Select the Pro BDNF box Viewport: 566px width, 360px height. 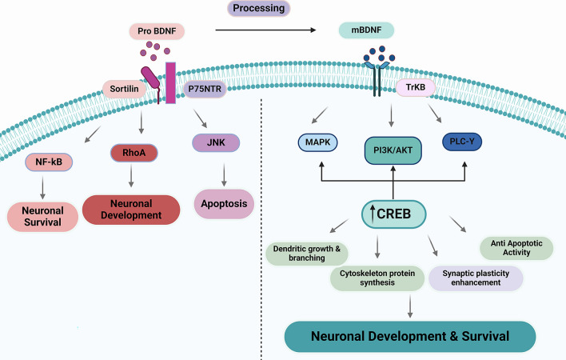tap(157, 32)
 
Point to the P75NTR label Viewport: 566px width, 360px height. tap(205, 88)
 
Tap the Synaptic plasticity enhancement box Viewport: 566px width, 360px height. tap(475, 277)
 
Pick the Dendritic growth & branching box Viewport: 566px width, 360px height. tap(305, 254)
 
